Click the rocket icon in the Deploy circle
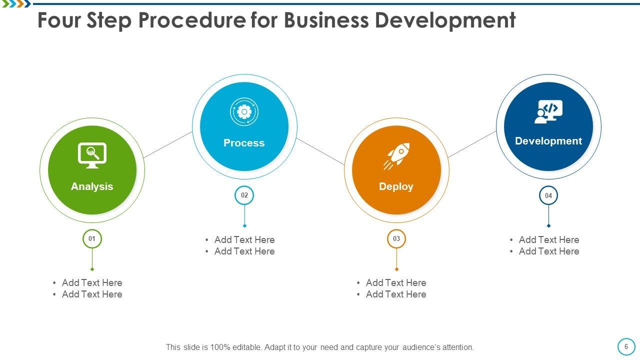pyautogui.click(x=396, y=156)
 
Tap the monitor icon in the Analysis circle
pyautogui.click(x=92, y=155)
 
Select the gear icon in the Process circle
pyautogui.click(x=244, y=112)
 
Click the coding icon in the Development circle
pyautogui.click(x=548, y=111)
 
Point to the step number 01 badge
pyautogui.click(x=92, y=239)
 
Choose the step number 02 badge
pyautogui.click(x=244, y=195)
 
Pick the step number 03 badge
pyautogui.click(x=396, y=239)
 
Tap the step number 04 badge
pyautogui.click(x=548, y=195)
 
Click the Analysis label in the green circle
pyautogui.click(x=92, y=186)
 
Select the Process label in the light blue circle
pyautogui.click(x=244, y=143)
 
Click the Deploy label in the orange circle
pyautogui.click(x=396, y=186)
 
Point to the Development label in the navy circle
pyautogui.click(x=548, y=141)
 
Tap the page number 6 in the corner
pyautogui.click(x=626, y=346)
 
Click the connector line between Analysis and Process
pyautogui.click(x=168, y=144)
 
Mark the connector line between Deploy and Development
pyautogui.click(x=472, y=144)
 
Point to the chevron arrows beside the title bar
pyautogui.click(x=15, y=4)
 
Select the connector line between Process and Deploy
pyautogui.click(x=320, y=151)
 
